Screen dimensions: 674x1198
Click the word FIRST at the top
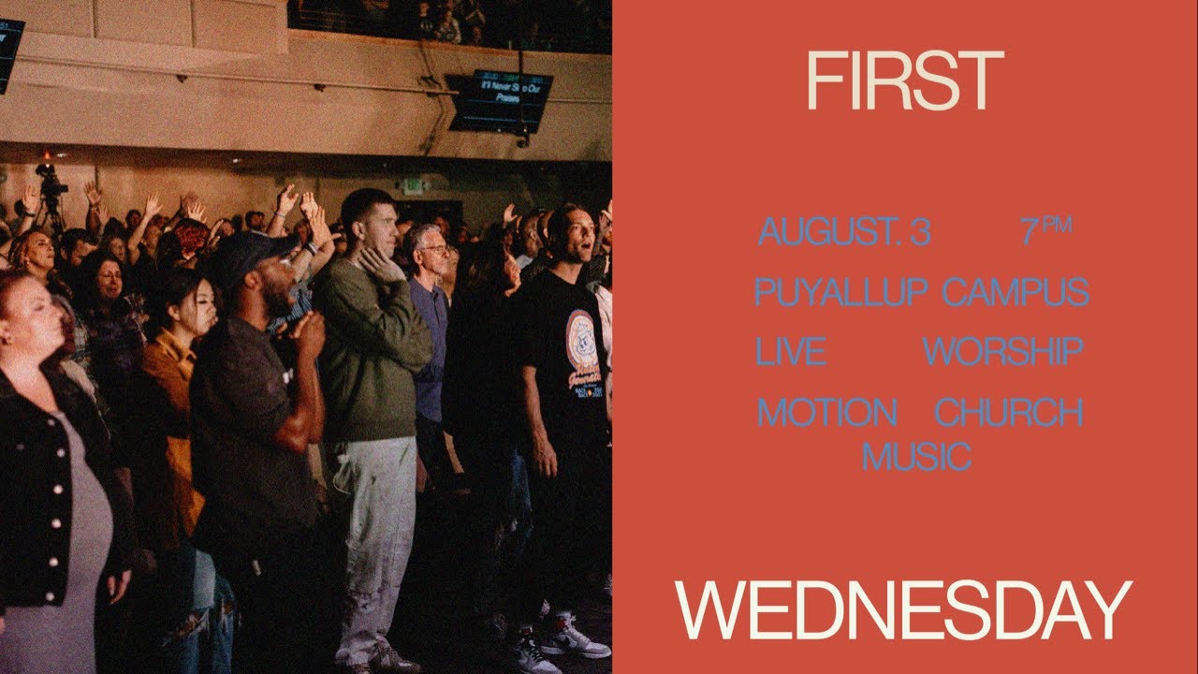pyautogui.click(x=904, y=82)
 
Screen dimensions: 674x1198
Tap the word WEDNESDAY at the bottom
pyautogui.click(x=904, y=610)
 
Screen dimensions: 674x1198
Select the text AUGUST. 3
pyautogui.click(x=844, y=232)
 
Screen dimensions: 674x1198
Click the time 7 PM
pyautogui.click(x=1045, y=230)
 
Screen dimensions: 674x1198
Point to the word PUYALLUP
pyautogui.click(x=840, y=292)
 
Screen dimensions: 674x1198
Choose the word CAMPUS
pyautogui.click(x=1015, y=292)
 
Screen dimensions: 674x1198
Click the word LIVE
pyautogui.click(x=791, y=352)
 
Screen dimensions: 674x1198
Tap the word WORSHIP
pyautogui.click(x=1002, y=352)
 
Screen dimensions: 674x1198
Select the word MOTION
pyautogui.click(x=827, y=412)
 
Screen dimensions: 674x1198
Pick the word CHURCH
pyautogui.click(x=1009, y=412)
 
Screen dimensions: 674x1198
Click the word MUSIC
pyautogui.click(x=916, y=457)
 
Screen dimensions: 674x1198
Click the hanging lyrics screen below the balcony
pyautogui.click(x=501, y=99)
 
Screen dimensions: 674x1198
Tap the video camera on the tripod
pyautogui.click(x=50, y=182)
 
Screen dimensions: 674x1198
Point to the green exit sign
pyautogui.click(x=411, y=185)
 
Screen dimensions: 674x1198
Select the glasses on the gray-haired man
pyautogui.click(x=434, y=250)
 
